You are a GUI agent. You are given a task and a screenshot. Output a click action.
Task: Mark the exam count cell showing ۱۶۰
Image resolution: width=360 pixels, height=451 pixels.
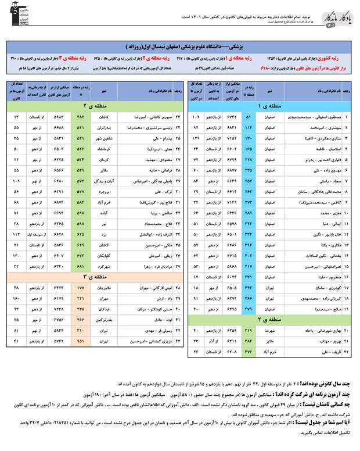[x=16, y=299]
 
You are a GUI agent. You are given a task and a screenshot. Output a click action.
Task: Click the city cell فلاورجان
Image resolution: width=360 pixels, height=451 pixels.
[x=111, y=288]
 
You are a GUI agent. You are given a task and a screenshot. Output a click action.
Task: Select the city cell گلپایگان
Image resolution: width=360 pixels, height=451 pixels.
[x=111, y=255]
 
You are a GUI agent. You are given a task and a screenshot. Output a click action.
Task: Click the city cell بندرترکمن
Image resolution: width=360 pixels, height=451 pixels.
[x=111, y=320]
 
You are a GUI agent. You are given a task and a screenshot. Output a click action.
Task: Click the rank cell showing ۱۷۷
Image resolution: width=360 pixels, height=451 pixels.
[x=81, y=288]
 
